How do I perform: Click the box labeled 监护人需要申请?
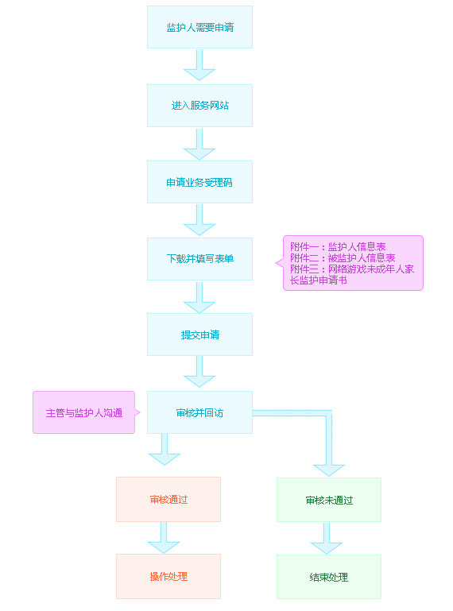[199, 27]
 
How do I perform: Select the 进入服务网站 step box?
[199, 105]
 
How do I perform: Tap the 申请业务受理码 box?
[199, 182]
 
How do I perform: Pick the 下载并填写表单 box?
[199, 259]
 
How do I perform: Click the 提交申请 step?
[199, 335]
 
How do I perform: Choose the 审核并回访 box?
[199, 412]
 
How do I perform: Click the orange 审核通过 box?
[168, 499]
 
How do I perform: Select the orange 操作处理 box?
[168, 576]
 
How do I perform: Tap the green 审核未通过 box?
[329, 500]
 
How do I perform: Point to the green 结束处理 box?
[329, 577]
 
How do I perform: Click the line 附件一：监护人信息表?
[338, 246]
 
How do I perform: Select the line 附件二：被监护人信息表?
[343, 257]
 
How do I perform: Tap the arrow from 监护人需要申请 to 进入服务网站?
[199, 64]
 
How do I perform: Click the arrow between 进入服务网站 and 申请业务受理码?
[199, 144]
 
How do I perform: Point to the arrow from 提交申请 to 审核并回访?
[199, 372]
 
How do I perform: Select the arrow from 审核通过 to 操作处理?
[164, 538]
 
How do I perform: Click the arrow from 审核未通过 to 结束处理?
[327, 539]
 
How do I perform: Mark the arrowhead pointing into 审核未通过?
[329, 470]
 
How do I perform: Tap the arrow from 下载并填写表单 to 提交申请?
[199, 297]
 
